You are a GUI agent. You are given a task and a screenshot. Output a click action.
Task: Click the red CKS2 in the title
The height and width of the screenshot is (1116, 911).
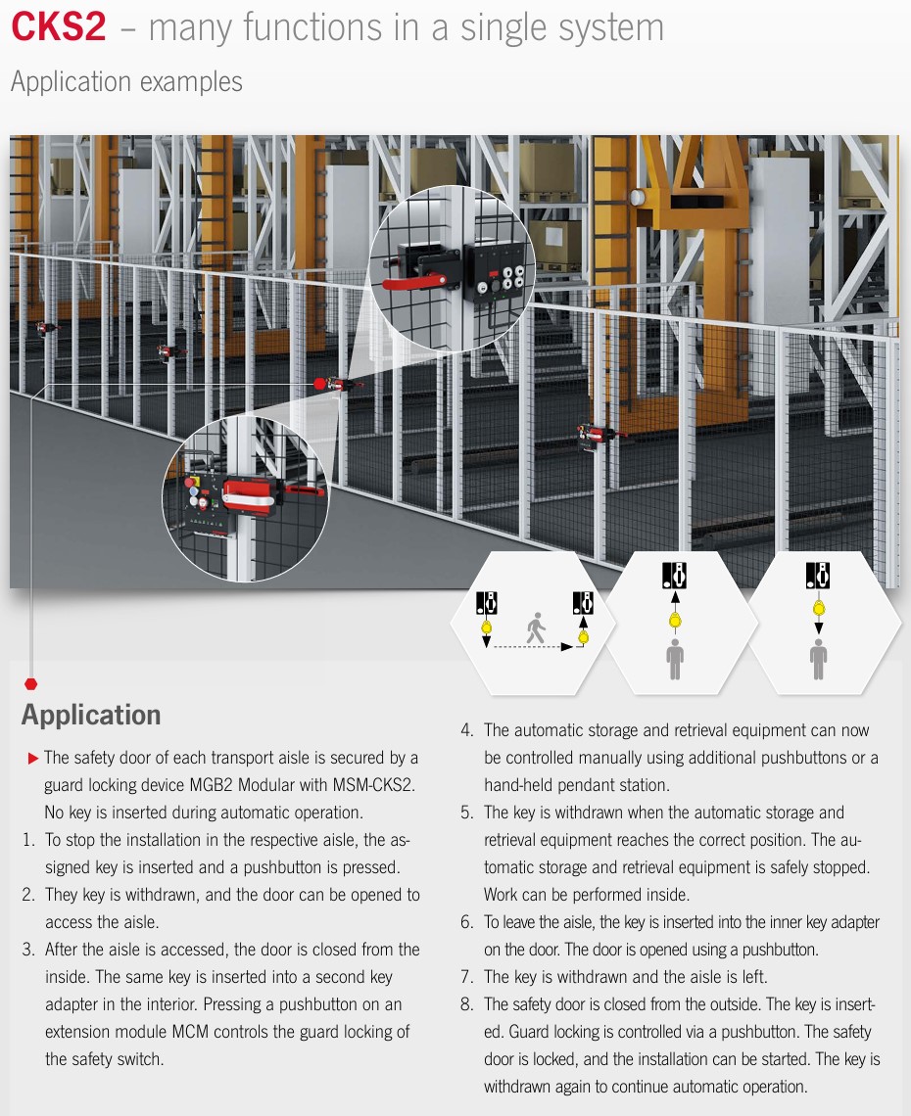pyautogui.click(x=59, y=27)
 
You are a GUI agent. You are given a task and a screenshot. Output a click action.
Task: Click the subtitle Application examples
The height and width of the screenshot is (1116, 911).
pyautogui.click(x=126, y=82)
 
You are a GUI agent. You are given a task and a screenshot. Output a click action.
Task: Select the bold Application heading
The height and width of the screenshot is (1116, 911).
pyautogui.click(x=91, y=715)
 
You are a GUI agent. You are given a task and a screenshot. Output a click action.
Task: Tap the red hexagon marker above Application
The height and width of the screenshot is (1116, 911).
pyautogui.click(x=30, y=684)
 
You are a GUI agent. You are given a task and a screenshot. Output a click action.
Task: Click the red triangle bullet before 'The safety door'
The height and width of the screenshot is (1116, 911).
pyautogui.click(x=32, y=759)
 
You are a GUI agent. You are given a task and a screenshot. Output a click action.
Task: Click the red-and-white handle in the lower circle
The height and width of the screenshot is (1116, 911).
pyautogui.click(x=250, y=495)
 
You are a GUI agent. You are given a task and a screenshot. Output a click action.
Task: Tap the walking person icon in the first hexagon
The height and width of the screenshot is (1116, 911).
pyautogui.click(x=536, y=628)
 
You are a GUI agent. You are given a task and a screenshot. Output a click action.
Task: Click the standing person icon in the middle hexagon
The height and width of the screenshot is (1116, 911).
pyautogui.click(x=675, y=659)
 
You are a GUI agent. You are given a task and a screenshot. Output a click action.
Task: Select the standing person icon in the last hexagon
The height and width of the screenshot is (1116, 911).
pyautogui.click(x=818, y=659)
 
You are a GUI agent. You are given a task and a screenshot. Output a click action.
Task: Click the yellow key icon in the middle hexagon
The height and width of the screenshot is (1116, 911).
pyautogui.click(x=675, y=620)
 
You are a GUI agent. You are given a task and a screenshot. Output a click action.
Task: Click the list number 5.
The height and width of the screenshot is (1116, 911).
pyautogui.click(x=466, y=813)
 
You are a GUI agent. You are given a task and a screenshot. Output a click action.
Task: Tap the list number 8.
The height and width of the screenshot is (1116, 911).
pyautogui.click(x=466, y=1004)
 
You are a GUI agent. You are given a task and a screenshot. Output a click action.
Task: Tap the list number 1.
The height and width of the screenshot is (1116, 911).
pyautogui.click(x=28, y=840)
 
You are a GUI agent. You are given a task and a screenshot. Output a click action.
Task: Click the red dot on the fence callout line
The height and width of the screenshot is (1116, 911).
pyautogui.click(x=319, y=385)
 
